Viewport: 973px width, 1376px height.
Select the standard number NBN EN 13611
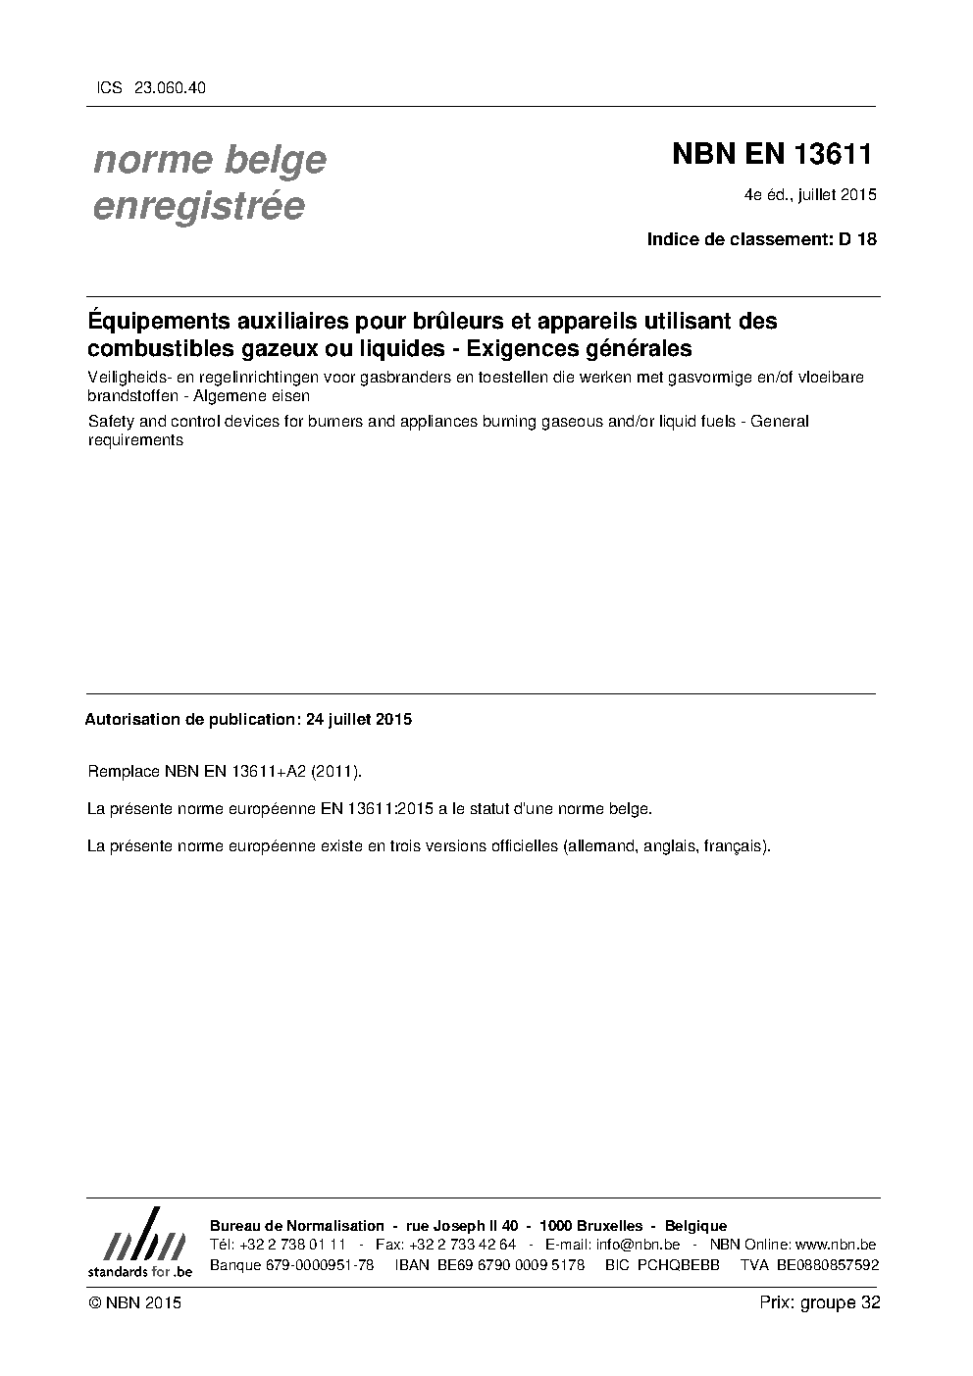(x=772, y=155)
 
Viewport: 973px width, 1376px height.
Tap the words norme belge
(x=210, y=160)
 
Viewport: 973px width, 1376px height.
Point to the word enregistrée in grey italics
(x=198, y=207)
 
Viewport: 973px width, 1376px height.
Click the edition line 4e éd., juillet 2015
(x=810, y=195)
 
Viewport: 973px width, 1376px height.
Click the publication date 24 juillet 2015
(x=359, y=719)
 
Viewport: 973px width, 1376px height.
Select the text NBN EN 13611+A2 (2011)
(x=264, y=771)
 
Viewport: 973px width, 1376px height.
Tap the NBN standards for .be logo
(x=139, y=1243)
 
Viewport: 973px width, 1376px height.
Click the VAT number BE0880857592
(x=828, y=1265)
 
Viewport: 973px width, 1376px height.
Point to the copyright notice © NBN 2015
(x=134, y=1302)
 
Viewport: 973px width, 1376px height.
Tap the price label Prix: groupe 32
(x=819, y=1302)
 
